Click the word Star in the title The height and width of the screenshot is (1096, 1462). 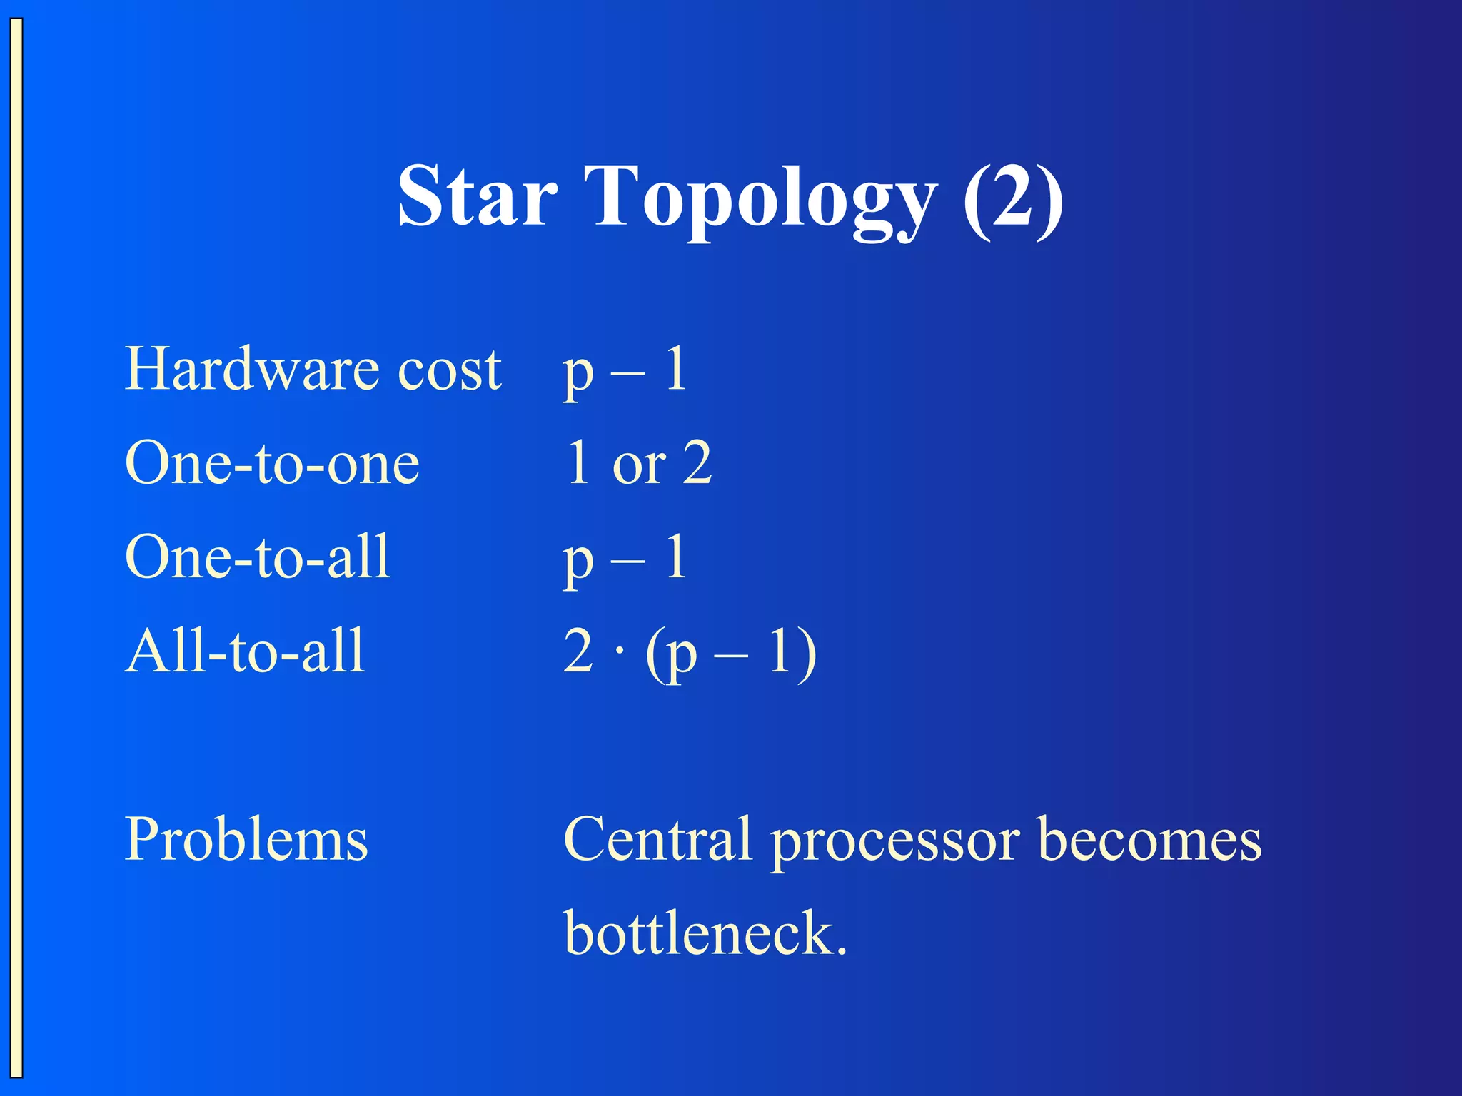pyautogui.click(x=477, y=196)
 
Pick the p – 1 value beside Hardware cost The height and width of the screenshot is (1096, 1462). pyautogui.click(x=625, y=370)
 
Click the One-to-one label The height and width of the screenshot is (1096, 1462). pyautogui.click(x=272, y=463)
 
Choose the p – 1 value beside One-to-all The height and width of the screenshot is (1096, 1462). pyautogui.click(x=625, y=559)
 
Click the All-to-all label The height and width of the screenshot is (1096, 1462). pyautogui.click(x=245, y=651)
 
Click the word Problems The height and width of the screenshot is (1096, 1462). pyautogui.click(x=246, y=840)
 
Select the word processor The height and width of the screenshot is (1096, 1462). pyautogui.click(x=896, y=842)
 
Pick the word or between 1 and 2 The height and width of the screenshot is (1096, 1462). pyautogui.click(x=639, y=465)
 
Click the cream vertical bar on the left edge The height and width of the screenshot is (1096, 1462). pyautogui.click(x=16, y=548)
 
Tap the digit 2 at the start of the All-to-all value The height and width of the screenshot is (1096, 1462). pyautogui.click(x=578, y=651)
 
